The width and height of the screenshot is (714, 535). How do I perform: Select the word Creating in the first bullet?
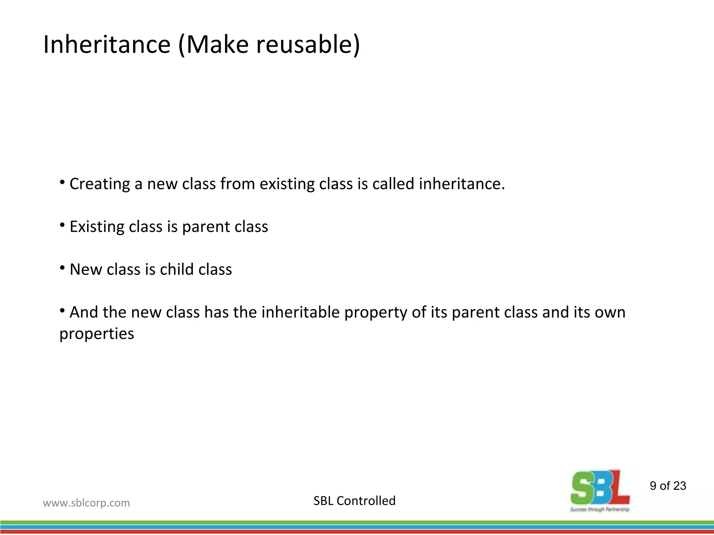tap(100, 184)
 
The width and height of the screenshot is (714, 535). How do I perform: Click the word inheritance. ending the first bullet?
tap(462, 184)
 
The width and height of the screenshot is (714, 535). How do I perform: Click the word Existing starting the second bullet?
tap(97, 227)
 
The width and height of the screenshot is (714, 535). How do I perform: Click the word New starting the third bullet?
tap(86, 270)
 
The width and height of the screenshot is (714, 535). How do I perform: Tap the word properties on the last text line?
tap(97, 334)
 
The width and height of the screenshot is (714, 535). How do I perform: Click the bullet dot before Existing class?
tap(62, 225)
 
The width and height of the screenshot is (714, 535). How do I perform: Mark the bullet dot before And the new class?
tap(62, 310)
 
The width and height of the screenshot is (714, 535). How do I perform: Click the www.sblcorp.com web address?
tap(86, 503)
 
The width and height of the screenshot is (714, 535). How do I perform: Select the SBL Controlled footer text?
tap(354, 501)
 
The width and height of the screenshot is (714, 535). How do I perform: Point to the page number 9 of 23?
tap(668, 486)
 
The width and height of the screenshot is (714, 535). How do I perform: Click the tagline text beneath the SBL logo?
tap(600, 510)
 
